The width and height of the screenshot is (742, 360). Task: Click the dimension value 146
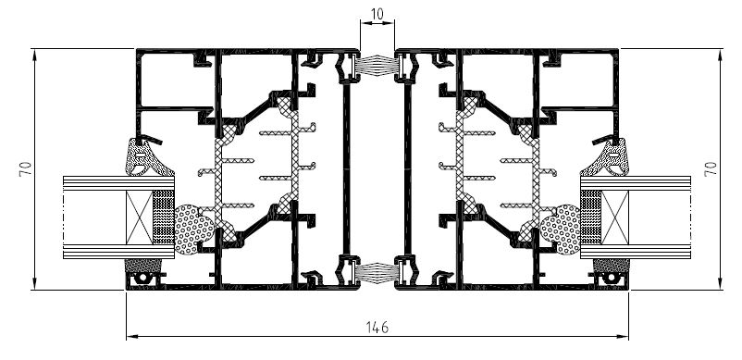377,327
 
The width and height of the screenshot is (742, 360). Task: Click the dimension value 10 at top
377,14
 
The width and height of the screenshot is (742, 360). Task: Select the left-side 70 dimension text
25,168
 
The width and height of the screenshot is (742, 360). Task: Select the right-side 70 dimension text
711,168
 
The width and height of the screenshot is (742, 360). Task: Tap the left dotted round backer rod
193,230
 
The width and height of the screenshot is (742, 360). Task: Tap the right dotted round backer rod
562,230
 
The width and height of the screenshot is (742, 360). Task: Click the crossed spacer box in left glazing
140,217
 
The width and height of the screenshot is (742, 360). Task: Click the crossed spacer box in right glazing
615,217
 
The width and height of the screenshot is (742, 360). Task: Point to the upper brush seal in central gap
377,64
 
